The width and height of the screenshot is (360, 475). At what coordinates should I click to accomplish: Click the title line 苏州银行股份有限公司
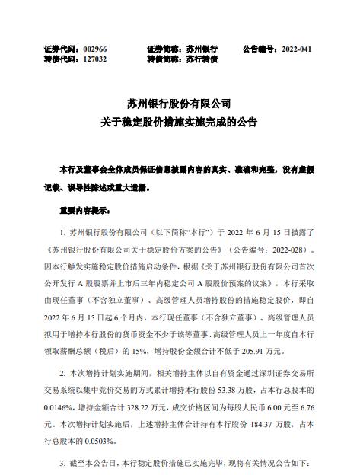pyautogui.click(x=180, y=101)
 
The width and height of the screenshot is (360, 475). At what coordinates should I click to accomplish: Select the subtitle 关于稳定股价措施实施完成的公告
pyautogui.click(x=180, y=121)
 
